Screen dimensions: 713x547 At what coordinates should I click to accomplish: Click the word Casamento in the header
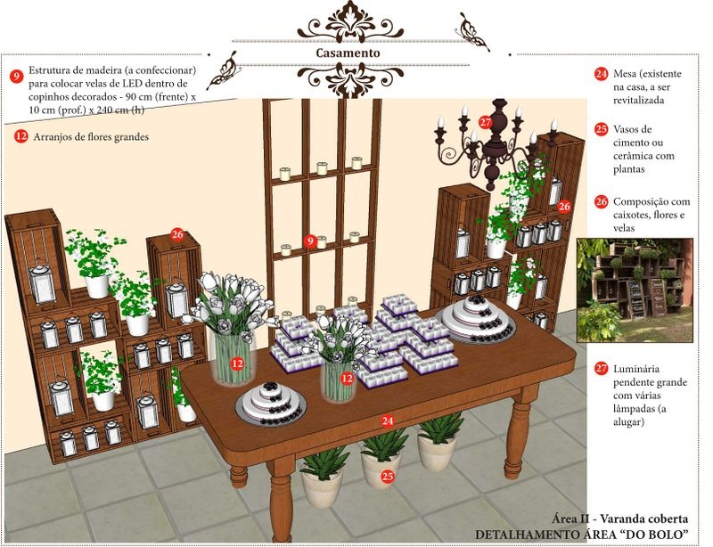tap(348, 53)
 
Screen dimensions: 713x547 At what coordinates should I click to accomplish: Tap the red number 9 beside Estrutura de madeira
tap(16, 76)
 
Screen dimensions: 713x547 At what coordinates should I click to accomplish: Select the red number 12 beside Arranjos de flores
tap(20, 136)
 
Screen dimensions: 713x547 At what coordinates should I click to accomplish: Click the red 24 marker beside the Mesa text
tap(601, 74)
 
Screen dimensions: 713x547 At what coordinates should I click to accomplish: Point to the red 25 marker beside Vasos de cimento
tap(601, 129)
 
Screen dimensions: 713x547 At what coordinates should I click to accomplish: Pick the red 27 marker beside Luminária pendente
tap(601, 368)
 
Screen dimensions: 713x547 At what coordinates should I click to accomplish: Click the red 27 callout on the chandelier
tap(485, 122)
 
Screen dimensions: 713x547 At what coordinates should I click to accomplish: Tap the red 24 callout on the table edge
tap(388, 421)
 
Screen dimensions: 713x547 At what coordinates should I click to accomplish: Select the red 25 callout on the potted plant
tap(388, 477)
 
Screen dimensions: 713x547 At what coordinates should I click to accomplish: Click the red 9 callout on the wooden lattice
tap(310, 241)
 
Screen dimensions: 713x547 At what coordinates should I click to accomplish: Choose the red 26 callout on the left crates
tap(176, 234)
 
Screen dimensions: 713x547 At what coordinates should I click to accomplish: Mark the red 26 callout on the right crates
tap(564, 207)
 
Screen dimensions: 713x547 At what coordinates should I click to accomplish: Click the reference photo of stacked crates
tap(635, 290)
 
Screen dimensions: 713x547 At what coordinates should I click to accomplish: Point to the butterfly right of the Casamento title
tap(472, 32)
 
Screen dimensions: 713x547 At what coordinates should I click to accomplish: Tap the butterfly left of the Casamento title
tap(224, 70)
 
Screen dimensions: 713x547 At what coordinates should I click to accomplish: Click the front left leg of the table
tap(282, 500)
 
